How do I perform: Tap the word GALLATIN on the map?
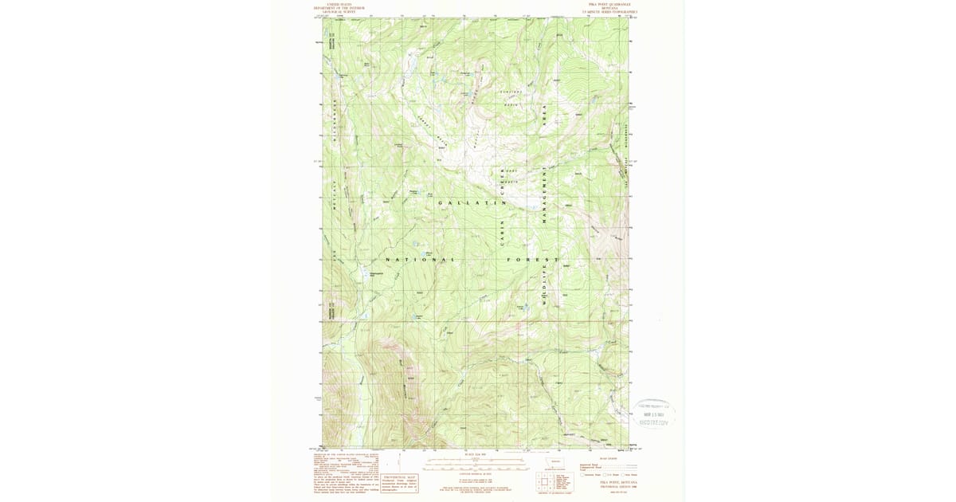coord(472,204)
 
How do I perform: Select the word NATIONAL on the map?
coord(421,260)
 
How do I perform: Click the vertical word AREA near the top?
coord(544,117)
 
